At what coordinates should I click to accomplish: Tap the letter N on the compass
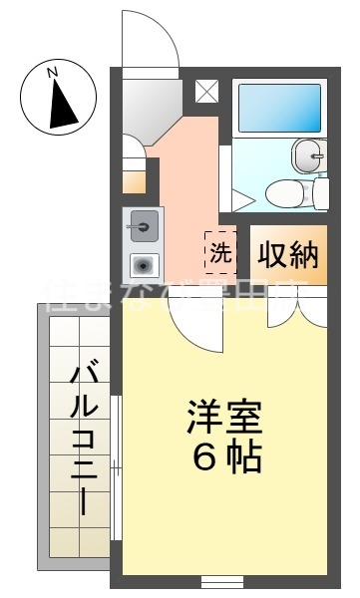point(56,71)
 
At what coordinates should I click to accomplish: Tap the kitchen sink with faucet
point(143,227)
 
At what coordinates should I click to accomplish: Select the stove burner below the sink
point(144,265)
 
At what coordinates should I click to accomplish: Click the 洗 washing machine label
point(219,252)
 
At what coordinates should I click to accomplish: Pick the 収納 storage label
point(288,255)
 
